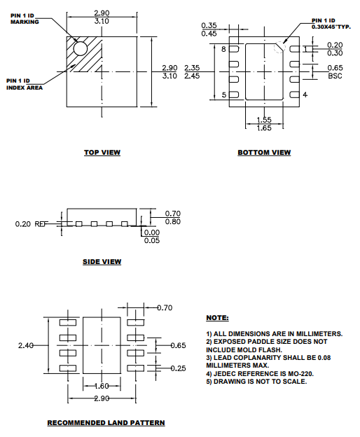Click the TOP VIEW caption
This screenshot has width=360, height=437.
coord(102,152)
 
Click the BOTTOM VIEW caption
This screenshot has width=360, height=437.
coord(263,152)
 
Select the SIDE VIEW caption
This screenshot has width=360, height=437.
coord(102,262)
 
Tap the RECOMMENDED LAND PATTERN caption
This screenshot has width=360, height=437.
coord(106,423)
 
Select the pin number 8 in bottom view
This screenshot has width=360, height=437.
coord(224,50)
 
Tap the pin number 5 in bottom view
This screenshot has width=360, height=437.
coord(224,95)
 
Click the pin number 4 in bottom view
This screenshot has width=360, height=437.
coord(305,95)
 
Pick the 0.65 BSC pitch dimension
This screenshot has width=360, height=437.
coord(335,71)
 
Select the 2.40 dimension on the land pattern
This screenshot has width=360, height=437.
coord(26,345)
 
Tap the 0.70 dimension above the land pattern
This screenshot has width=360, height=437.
coord(165,307)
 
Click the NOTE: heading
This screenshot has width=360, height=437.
coord(218,317)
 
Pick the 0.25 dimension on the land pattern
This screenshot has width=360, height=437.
coord(179,368)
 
